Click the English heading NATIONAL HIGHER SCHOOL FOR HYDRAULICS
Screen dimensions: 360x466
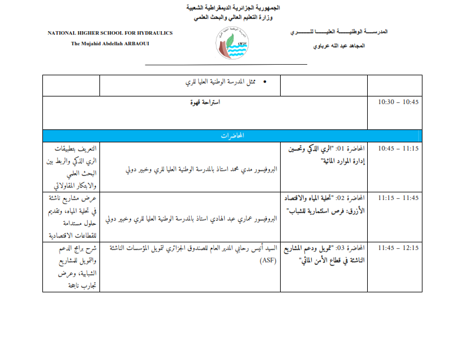click(110, 34)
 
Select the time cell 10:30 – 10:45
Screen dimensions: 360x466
click(398, 102)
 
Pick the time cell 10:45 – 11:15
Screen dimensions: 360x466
click(398, 148)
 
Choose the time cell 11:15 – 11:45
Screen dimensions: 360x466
click(398, 197)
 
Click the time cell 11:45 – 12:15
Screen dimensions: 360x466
click(398, 248)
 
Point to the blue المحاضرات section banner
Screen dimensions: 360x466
click(232, 136)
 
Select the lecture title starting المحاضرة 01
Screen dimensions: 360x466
click(324, 154)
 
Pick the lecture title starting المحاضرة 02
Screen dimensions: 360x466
click(324, 203)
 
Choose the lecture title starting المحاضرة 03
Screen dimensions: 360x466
click(324, 254)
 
